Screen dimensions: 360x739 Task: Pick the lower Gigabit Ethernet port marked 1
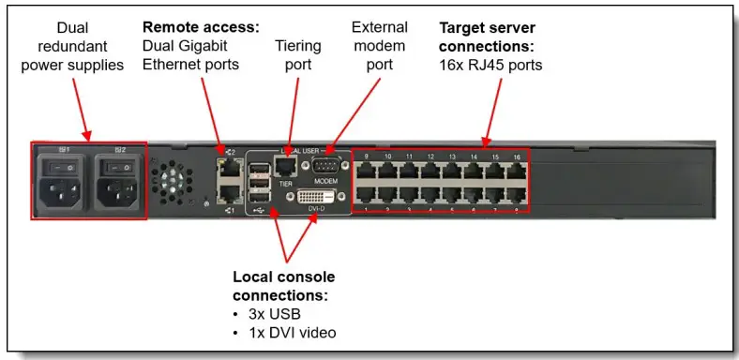point(227,193)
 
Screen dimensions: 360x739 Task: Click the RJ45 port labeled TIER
point(287,167)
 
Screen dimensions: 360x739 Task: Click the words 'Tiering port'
point(297,53)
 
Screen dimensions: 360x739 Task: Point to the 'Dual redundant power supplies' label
point(71,47)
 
